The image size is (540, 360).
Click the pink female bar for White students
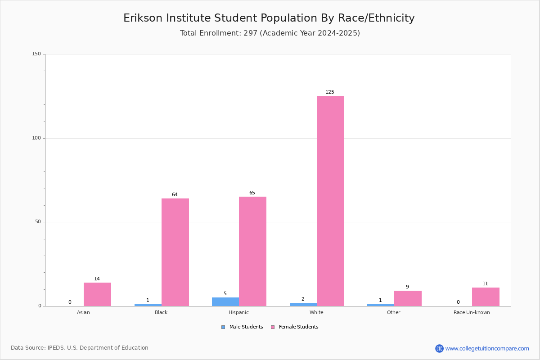click(330, 201)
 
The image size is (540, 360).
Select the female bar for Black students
click(175, 252)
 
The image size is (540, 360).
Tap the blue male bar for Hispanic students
click(225, 301)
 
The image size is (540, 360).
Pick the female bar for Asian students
click(97, 294)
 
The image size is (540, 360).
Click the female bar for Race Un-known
click(486, 297)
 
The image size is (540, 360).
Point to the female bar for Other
click(408, 298)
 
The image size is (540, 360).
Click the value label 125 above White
click(329, 92)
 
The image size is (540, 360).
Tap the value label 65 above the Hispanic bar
click(252, 193)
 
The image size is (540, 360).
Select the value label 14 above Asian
click(97, 279)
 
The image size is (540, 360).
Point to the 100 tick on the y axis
click(36, 138)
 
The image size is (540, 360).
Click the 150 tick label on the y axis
click(36, 54)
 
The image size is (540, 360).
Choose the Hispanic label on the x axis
click(238, 312)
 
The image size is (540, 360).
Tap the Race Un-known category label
click(472, 312)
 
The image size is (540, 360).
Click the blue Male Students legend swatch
click(223, 327)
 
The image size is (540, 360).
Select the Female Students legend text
click(298, 327)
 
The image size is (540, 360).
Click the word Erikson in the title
click(143, 18)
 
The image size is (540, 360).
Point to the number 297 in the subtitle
click(250, 33)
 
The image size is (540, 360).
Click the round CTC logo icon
click(439, 348)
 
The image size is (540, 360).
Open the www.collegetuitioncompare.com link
click(487, 349)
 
